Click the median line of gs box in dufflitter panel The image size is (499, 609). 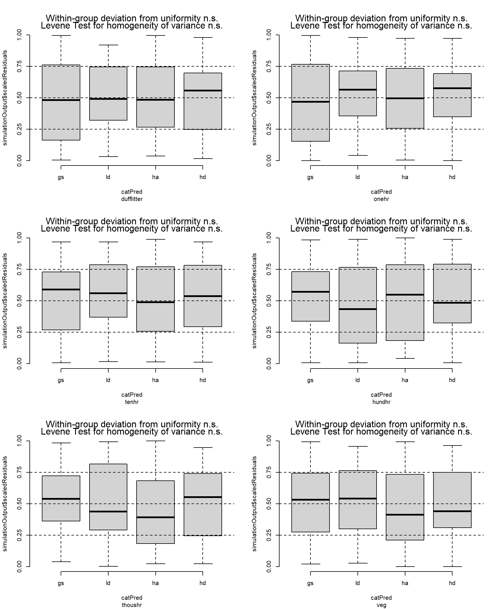(x=61, y=100)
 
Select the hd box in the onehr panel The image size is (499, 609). (x=452, y=104)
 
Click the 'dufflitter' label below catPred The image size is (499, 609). (x=132, y=199)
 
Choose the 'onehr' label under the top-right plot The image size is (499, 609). (x=381, y=199)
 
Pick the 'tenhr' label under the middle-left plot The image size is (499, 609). (x=132, y=402)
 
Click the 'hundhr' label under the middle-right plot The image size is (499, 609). (x=381, y=402)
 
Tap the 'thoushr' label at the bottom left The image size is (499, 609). (x=132, y=605)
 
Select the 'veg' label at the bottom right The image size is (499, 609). (x=381, y=605)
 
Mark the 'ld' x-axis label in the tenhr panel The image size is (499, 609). (x=108, y=380)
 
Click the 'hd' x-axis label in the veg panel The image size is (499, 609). (x=452, y=583)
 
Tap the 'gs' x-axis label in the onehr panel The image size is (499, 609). (x=310, y=177)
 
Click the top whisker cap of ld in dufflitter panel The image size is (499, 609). (x=108, y=45)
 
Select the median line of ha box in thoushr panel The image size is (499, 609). (x=155, y=517)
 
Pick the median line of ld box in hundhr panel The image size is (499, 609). (x=358, y=309)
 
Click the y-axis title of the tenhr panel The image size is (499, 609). (x=5, y=301)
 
